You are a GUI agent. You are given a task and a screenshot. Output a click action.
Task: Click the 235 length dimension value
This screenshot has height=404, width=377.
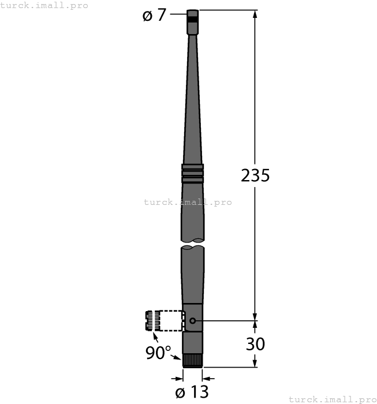(x=255, y=175)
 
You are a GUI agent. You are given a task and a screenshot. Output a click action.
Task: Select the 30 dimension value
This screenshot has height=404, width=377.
(x=255, y=344)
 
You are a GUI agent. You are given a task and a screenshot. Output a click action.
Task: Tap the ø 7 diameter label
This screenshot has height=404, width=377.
(x=154, y=16)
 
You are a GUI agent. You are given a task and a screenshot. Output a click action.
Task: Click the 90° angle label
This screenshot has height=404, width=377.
(x=158, y=353)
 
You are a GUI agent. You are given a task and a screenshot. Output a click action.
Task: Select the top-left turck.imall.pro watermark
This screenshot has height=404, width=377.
(x=44, y=5)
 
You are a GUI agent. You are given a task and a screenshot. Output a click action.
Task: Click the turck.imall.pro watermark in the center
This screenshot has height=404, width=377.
(x=188, y=202)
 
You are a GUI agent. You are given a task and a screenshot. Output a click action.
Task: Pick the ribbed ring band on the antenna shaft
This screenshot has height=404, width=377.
(x=192, y=173)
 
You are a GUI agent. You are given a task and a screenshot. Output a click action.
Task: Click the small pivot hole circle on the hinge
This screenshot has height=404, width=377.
(x=192, y=320)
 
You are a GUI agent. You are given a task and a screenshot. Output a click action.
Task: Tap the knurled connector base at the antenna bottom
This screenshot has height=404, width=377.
(x=192, y=361)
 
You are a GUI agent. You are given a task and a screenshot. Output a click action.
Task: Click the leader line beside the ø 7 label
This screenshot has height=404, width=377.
(x=178, y=16)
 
